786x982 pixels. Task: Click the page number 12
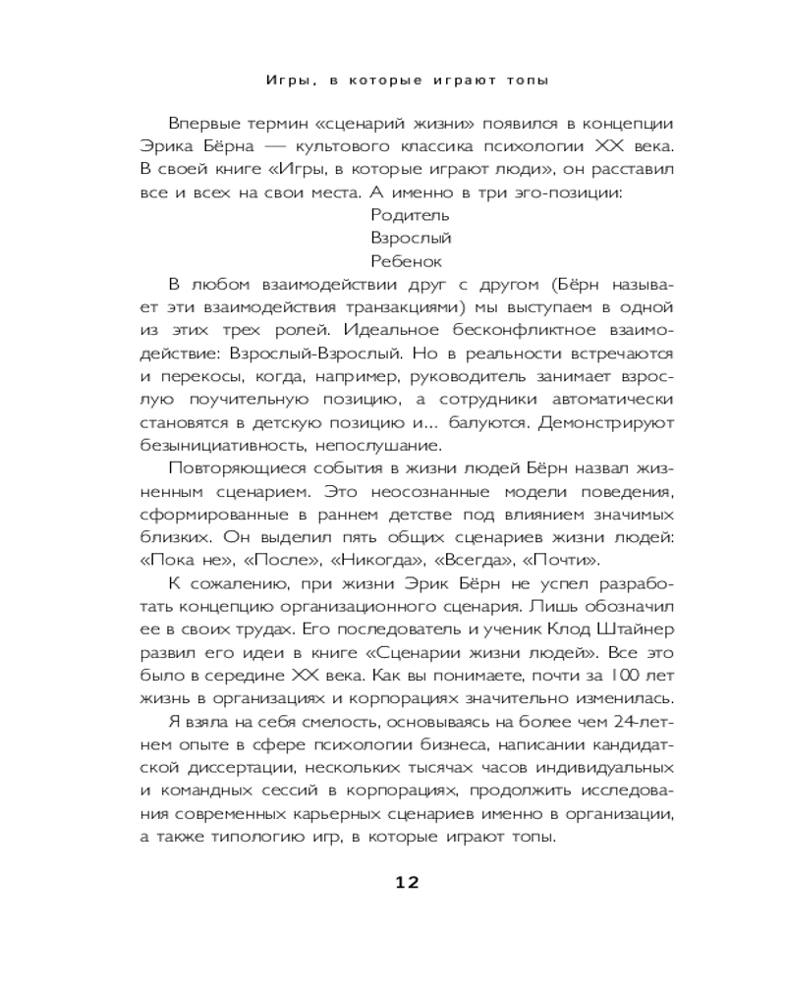(x=407, y=882)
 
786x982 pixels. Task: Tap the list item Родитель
(x=411, y=214)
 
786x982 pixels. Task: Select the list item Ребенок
(x=407, y=261)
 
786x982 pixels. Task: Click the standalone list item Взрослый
(x=411, y=238)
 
